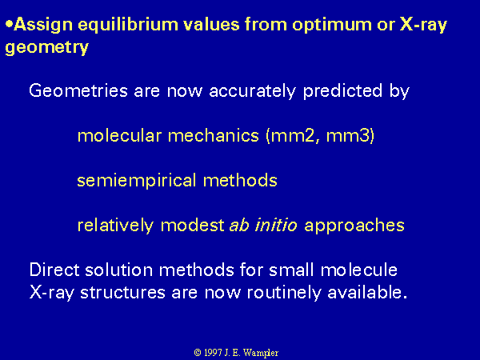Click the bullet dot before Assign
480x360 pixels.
tap(10, 24)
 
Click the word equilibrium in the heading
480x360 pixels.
tap(128, 25)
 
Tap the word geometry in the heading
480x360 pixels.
tap(47, 48)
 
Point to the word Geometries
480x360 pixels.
tap(78, 90)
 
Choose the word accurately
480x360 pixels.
tap(253, 91)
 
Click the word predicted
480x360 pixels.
tap(343, 91)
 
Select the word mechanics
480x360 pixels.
tap(214, 136)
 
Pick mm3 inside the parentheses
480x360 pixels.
tap(348, 136)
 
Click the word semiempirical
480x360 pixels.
tap(137, 181)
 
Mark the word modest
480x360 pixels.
tap(193, 226)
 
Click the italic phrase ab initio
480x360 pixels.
tap(263, 226)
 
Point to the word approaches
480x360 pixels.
tap(354, 226)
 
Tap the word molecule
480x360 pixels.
tap(358, 270)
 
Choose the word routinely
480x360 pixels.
tap(284, 293)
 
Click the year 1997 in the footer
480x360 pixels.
tap(213, 353)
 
